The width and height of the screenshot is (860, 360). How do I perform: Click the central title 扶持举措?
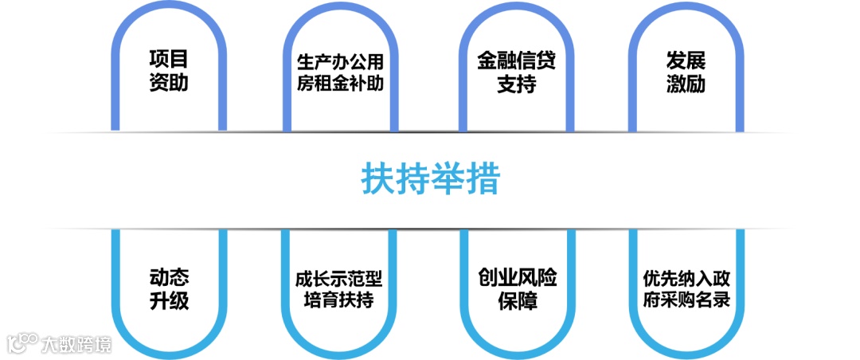[430, 179]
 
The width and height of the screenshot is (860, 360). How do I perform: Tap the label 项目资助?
[169, 72]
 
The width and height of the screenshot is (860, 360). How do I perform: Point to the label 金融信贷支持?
[516, 72]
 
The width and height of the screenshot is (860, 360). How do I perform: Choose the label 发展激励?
[686, 72]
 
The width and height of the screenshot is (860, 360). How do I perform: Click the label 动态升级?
[169, 289]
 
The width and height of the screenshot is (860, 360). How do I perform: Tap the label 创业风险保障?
[516, 289]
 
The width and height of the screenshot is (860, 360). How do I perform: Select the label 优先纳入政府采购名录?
[686, 289]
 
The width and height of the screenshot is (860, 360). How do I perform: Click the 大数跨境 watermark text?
[76, 344]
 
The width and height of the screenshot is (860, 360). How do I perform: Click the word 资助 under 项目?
[169, 83]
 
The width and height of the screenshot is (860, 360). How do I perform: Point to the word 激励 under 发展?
[686, 83]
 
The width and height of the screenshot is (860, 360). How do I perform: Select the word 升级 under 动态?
[169, 301]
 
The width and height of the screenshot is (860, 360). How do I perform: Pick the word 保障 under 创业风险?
[516, 301]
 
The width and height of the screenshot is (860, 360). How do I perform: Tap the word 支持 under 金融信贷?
[516, 83]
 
